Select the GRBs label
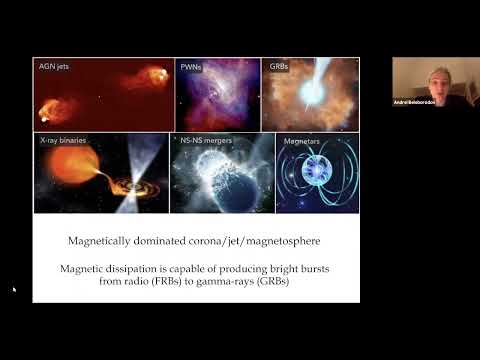279,67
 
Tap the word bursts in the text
334,268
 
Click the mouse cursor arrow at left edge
14,290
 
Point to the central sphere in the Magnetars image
315,179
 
